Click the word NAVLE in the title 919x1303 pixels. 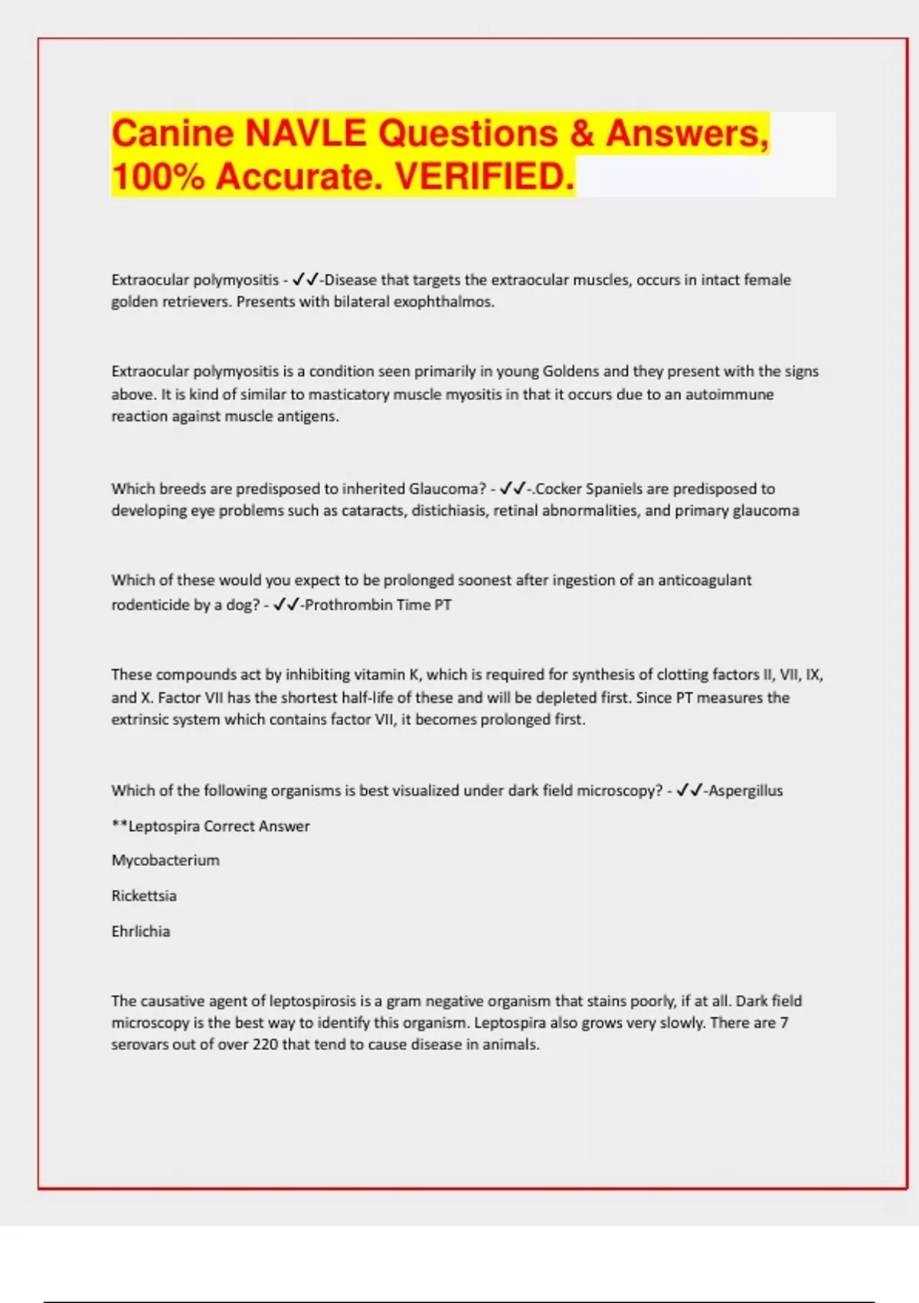point(306,133)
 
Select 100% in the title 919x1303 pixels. point(158,176)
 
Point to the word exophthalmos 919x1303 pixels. point(443,301)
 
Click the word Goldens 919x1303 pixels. point(571,371)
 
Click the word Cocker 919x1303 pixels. point(560,488)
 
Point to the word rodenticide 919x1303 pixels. point(150,605)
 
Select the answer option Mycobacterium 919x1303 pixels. point(165,860)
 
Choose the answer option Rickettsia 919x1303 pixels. point(144,895)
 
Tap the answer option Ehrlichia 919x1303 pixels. point(141,931)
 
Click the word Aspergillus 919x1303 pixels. point(745,790)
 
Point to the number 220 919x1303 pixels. point(265,1044)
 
